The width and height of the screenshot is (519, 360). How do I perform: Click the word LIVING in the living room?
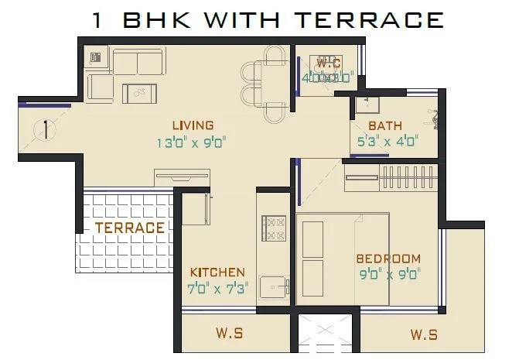click(193, 125)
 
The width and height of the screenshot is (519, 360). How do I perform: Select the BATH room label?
click(384, 125)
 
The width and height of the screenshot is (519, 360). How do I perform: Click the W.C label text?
click(327, 63)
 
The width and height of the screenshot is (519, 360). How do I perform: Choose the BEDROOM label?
click(388, 259)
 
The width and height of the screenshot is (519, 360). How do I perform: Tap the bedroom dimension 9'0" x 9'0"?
click(388, 273)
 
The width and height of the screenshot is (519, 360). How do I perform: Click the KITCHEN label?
click(217, 273)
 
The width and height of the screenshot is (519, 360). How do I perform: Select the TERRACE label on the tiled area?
click(130, 228)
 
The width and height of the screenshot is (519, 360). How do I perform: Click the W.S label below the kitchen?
click(230, 334)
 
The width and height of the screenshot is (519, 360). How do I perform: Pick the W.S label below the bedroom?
click(424, 334)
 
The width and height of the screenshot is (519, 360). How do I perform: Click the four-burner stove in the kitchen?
click(275, 228)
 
